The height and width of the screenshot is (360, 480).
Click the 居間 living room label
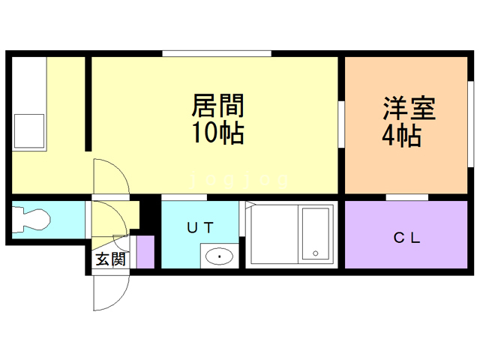tap(217, 105)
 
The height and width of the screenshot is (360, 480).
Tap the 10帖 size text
tap(217, 133)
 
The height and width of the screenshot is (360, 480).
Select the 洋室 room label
tap(409, 108)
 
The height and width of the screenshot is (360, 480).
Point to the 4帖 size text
tap(401, 136)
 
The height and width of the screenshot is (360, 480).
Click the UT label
tap(200, 228)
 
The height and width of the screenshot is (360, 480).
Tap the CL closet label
tap(406, 238)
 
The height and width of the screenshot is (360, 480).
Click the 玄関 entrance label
tap(110, 259)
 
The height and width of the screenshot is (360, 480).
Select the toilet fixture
tap(31, 220)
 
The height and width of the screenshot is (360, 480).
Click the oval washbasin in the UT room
tap(219, 256)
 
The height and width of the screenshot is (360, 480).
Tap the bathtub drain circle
tap(316, 253)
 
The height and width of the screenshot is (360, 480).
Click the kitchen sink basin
tap(29, 131)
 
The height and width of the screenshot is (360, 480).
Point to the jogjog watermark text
tap(239, 180)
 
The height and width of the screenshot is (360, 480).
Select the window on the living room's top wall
tap(217, 53)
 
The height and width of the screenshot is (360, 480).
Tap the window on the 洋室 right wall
tap(471, 124)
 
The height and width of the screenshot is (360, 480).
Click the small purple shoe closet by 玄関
tap(145, 252)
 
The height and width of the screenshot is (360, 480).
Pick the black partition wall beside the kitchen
tap(88, 103)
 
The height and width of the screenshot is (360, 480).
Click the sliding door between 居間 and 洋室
tap(341, 124)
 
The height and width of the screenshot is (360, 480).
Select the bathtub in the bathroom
tap(316, 233)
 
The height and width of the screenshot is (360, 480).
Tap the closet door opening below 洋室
tap(406, 197)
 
